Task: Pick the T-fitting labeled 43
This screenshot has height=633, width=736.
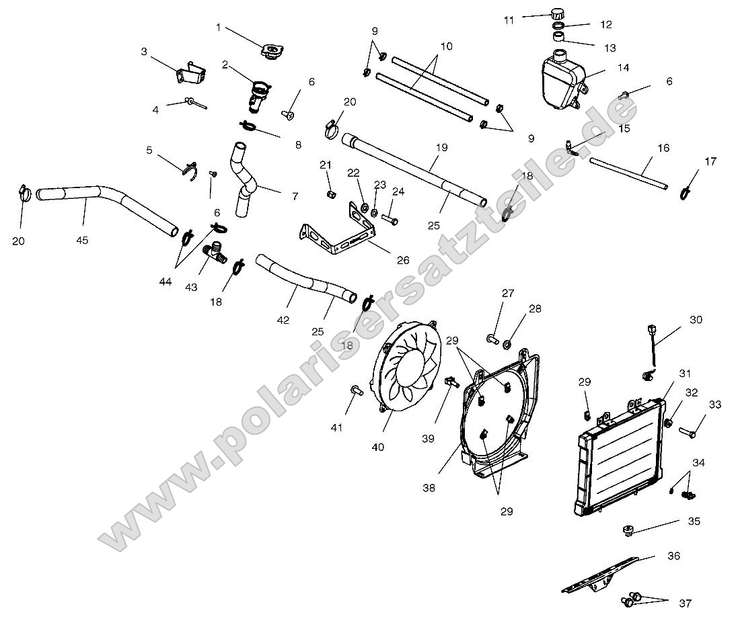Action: [216, 255]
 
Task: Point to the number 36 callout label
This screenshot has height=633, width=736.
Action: [673, 556]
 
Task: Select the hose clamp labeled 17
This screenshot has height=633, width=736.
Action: [684, 192]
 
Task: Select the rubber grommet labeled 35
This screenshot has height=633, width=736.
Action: [627, 532]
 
